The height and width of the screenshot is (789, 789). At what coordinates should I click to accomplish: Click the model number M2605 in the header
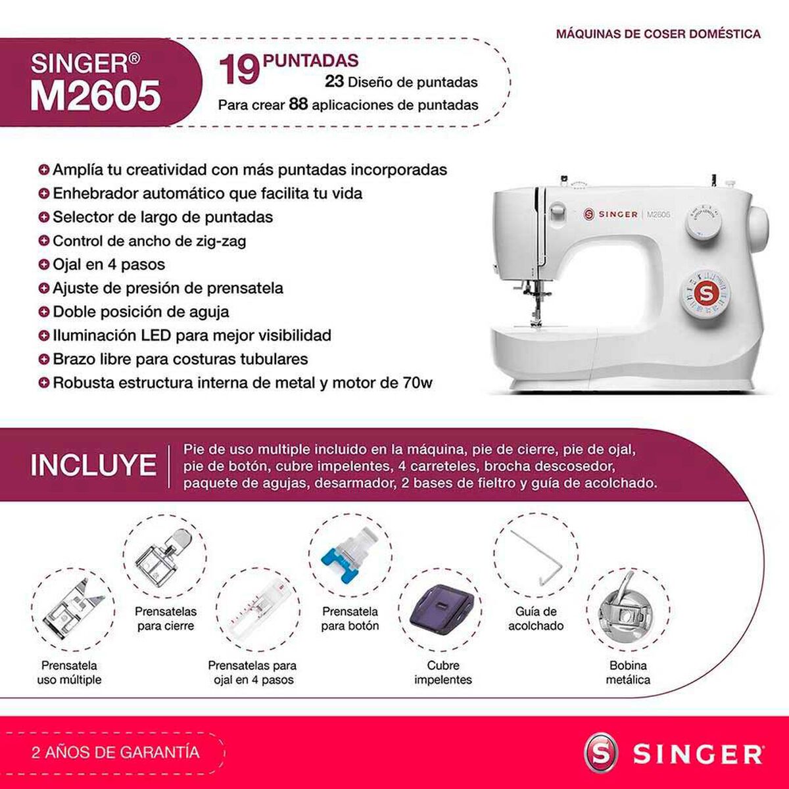(x=95, y=95)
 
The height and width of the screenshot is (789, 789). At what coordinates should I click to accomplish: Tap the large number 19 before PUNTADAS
(x=238, y=70)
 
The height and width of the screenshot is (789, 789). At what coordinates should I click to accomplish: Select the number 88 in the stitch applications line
(x=299, y=105)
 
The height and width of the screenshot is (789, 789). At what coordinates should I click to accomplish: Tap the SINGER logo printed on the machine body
(x=611, y=214)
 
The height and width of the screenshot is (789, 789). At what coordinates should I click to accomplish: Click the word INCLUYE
(x=93, y=466)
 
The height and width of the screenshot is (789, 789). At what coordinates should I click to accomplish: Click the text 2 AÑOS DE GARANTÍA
(x=115, y=752)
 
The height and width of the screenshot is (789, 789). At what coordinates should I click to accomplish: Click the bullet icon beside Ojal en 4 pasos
(x=44, y=264)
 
